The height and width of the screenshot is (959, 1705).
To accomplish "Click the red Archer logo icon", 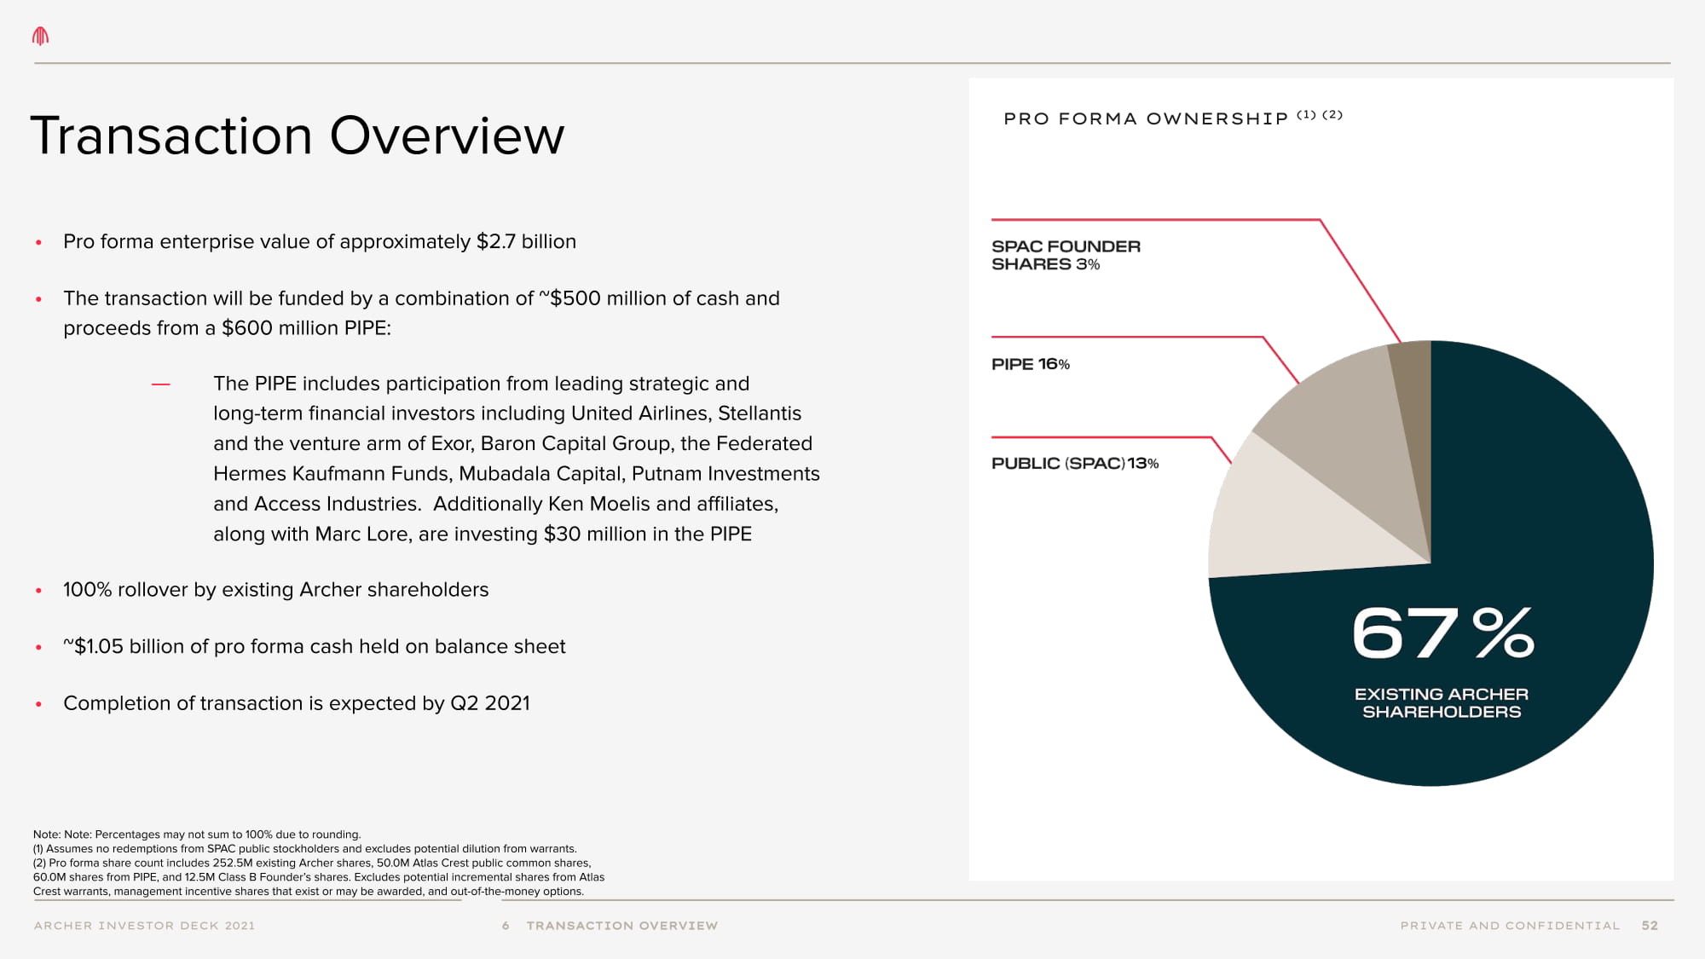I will [40, 36].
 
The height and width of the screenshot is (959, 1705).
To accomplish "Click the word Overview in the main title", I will [447, 136].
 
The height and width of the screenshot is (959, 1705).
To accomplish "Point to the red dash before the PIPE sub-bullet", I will [160, 384].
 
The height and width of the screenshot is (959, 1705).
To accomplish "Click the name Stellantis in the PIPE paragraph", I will [759, 413].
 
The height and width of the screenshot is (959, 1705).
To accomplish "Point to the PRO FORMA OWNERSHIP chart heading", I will [1146, 118].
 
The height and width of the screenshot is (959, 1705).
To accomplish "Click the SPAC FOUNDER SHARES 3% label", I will [1065, 255].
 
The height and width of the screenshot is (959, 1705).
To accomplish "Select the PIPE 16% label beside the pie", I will [1030, 364].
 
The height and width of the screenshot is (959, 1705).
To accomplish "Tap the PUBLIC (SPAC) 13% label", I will [1074, 464].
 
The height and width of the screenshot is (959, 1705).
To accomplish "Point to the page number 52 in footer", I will [1649, 926].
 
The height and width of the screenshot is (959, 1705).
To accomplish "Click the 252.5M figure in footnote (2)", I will [233, 863].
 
